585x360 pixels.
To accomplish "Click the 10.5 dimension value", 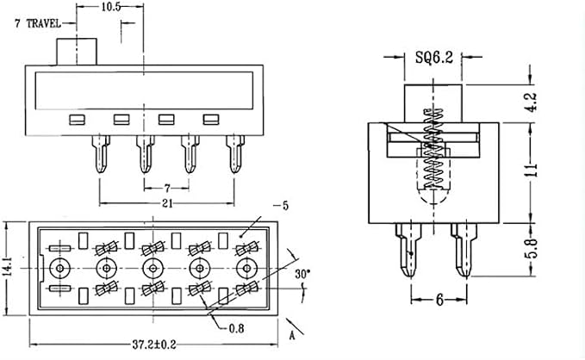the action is pyautogui.click(x=111, y=7).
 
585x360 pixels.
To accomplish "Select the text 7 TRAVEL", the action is pyautogui.click(x=38, y=23).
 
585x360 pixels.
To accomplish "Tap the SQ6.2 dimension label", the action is pyautogui.click(x=434, y=57).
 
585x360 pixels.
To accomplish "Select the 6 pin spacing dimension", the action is pyautogui.click(x=439, y=300).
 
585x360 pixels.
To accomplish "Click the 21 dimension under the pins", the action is pyautogui.click(x=167, y=203).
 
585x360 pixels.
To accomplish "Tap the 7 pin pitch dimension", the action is pyautogui.click(x=167, y=188).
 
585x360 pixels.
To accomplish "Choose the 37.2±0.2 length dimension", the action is pyautogui.click(x=153, y=344).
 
